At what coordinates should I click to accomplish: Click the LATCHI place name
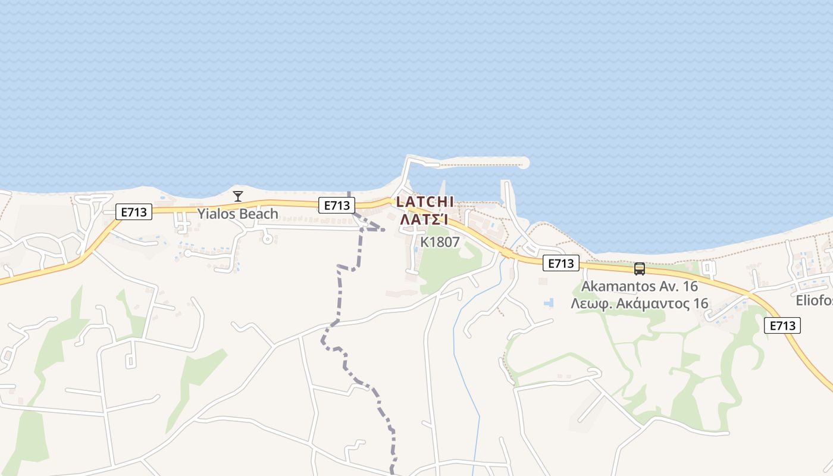coord(425,202)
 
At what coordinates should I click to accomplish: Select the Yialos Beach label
coord(237,214)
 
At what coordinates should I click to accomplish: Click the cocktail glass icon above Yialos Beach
coord(238,196)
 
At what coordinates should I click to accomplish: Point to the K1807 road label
coord(440,242)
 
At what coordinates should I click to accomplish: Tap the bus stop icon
coord(640,269)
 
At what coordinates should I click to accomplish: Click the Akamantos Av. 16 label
coord(639,286)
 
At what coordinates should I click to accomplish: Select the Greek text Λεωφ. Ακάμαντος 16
coord(639,303)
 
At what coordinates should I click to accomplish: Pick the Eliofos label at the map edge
coord(814,301)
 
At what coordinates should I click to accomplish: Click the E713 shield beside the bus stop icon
coord(560,263)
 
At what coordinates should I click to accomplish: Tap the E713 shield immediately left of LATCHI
coord(336,205)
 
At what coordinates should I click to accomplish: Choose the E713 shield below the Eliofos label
coord(782,325)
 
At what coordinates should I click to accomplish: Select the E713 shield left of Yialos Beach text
coord(134,211)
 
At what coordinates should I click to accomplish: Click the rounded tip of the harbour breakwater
coord(523,162)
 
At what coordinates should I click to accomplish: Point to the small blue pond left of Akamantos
coord(548,303)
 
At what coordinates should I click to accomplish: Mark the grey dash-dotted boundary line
coord(340,297)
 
